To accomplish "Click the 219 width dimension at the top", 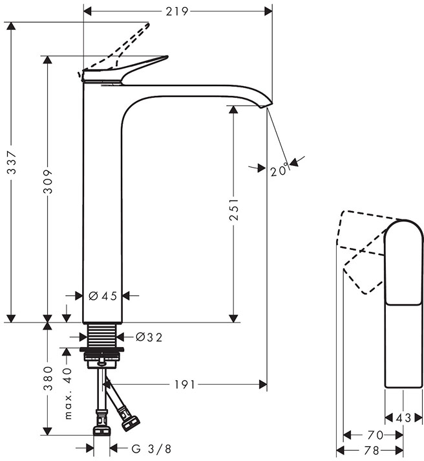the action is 176,12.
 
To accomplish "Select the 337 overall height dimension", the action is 12,166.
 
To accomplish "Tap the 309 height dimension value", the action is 48,181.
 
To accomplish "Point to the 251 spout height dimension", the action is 234,209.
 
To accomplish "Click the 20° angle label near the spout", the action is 279,170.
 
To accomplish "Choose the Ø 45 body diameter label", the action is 103,296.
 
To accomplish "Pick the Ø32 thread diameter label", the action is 149,337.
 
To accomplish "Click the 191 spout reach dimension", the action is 185,384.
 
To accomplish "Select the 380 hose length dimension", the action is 48,378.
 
